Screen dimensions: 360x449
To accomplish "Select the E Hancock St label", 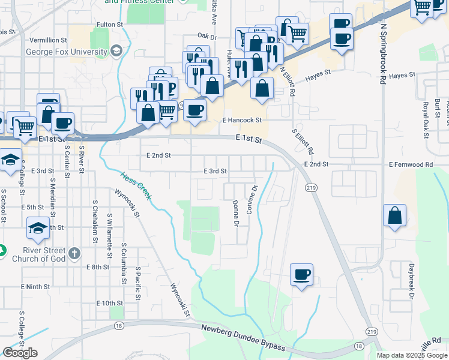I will click(243, 120).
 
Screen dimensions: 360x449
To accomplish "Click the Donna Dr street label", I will click(236, 214).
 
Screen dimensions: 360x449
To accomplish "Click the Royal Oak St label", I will click(425, 119).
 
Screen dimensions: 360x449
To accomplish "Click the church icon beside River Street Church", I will click(74, 253).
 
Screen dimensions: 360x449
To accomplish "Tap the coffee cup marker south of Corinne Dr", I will click(301, 275).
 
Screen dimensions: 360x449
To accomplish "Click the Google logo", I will click(20, 353).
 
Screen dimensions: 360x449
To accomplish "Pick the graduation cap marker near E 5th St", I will click(38, 228).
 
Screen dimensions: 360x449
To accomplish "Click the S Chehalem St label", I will click(95, 221).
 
